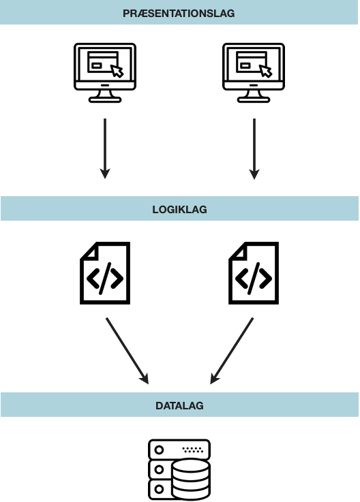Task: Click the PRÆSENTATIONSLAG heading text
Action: click(179, 13)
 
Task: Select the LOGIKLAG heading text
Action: click(179, 209)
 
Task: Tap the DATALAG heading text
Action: click(179, 405)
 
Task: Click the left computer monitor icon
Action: click(104, 68)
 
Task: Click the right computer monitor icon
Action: click(254, 68)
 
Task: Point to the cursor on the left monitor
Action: click(117, 71)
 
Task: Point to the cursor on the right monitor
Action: click(266, 71)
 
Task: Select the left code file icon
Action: click(104, 273)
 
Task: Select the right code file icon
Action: click(253, 273)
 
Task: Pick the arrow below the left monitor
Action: click(104, 148)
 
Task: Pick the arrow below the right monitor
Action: click(254, 148)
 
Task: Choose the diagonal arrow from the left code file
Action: click(127, 349)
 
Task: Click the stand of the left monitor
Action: click(104, 96)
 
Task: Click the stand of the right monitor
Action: click(254, 96)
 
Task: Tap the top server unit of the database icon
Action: click(179, 450)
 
